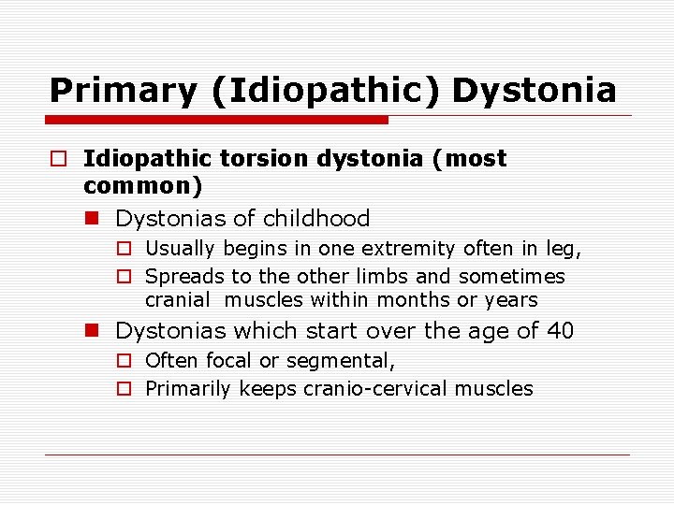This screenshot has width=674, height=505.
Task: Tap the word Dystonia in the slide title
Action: click(x=535, y=91)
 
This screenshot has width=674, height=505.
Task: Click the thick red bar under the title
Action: click(x=217, y=120)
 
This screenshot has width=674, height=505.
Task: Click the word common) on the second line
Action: click(x=142, y=186)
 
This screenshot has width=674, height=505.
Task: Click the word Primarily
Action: click(x=188, y=388)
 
